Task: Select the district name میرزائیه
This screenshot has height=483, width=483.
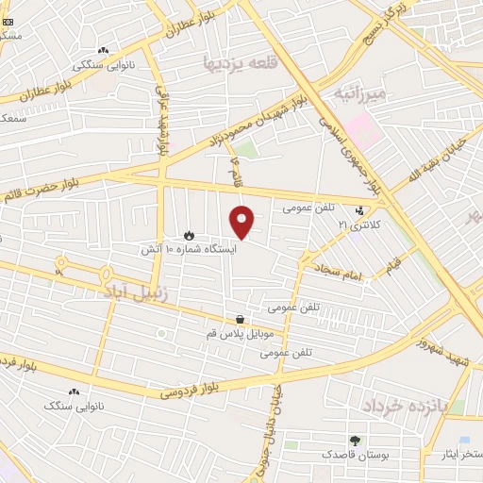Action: click(359, 95)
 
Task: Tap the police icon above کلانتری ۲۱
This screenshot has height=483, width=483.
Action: click(358, 211)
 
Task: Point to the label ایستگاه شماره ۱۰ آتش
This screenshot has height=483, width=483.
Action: click(203, 249)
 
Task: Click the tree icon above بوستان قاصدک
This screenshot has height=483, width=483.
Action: click(355, 440)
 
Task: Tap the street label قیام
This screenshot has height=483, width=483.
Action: click(393, 261)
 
